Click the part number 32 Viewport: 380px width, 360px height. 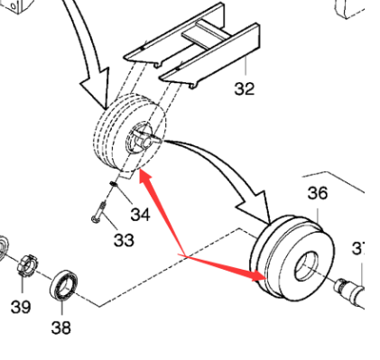click(x=244, y=88)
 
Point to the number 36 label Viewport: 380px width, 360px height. click(x=318, y=193)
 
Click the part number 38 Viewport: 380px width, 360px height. click(x=60, y=327)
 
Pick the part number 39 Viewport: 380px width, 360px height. click(x=20, y=306)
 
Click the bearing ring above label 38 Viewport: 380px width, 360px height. click(x=64, y=286)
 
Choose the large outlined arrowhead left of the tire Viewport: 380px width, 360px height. click(x=94, y=95)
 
